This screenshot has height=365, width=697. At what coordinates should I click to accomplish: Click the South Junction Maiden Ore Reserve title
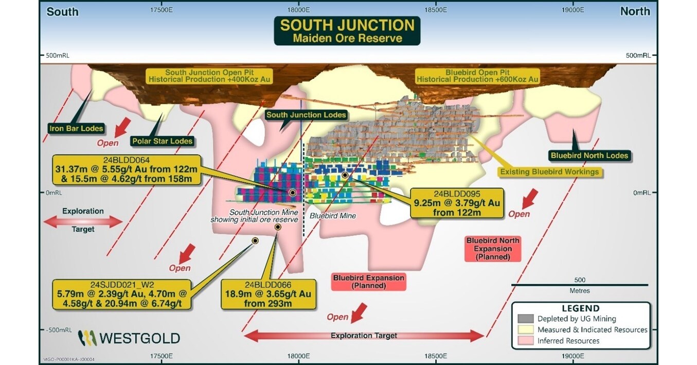(347, 31)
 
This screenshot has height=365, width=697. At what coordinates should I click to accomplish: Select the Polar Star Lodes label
(162, 141)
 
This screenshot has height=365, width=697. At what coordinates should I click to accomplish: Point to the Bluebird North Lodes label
(589, 155)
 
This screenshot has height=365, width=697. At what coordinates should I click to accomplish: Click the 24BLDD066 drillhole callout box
(268, 294)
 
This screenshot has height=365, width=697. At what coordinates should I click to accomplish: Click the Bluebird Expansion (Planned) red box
(369, 282)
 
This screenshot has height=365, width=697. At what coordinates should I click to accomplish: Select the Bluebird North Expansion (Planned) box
(493, 249)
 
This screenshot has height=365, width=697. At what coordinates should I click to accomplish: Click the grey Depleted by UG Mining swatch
(525, 319)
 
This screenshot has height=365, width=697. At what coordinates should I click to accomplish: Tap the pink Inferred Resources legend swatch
(525, 340)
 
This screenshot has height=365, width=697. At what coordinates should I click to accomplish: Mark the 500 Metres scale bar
(579, 285)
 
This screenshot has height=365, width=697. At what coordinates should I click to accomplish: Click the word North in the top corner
(635, 11)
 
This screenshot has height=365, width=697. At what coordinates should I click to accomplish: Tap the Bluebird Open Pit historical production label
(477, 76)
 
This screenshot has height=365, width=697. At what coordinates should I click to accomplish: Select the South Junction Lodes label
(306, 115)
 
